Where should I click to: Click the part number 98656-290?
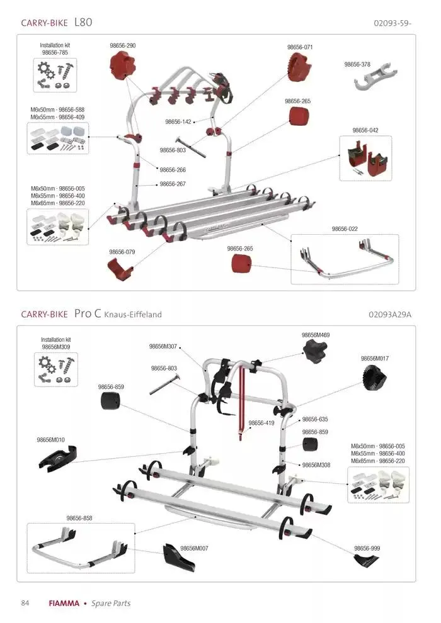[x=122, y=46]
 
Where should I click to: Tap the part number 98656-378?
[x=357, y=64]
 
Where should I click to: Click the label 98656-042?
[x=365, y=130]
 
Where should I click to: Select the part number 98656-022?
[x=345, y=229]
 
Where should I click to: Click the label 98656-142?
[x=178, y=122]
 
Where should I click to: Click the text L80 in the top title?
[x=83, y=22]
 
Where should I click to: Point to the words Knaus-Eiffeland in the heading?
[x=133, y=315]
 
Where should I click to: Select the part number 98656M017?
[x=375, y=359]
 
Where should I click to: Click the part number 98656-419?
[x=261, y=423]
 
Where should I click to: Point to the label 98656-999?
[x=367, y=548]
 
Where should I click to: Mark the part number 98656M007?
[x=194, y=548]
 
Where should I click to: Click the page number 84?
[x=25, y=603]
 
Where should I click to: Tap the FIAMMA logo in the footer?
[x=64, y=603]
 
